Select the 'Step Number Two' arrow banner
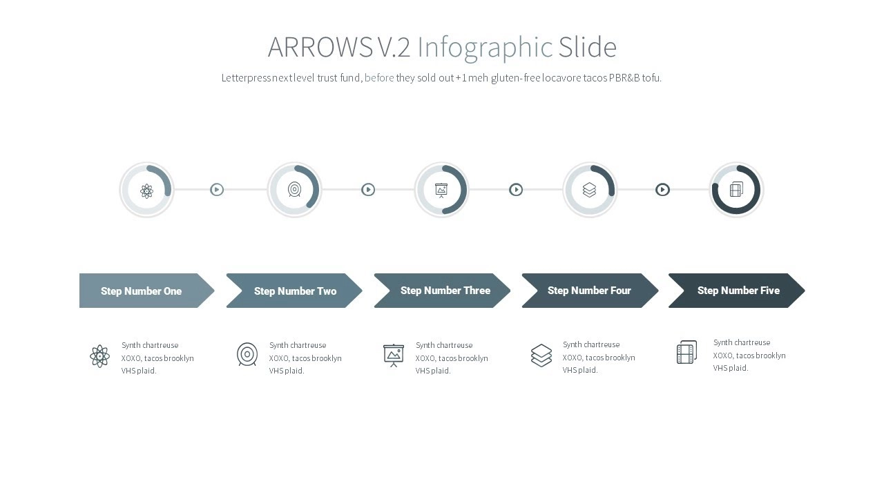[294, 291]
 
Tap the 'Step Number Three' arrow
[442, 291]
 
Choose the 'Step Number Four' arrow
[590, 291]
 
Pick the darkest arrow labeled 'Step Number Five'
[737, 291]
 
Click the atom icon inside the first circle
[147, 191]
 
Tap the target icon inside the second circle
[294, 190]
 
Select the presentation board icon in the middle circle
[441, 191]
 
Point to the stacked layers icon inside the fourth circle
[589, 190]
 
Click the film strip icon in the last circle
[736, 189]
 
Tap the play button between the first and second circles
[217, 190]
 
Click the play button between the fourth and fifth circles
[662, 190]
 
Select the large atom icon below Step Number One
[99, 356]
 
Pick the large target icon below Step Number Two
[247, 354]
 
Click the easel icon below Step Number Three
[394, 355]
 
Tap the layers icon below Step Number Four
[541, 355]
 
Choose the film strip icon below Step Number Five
[686, 352]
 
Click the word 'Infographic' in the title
[485, 48]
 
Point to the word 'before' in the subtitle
[379, 78]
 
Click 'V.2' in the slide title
[394, 47]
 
